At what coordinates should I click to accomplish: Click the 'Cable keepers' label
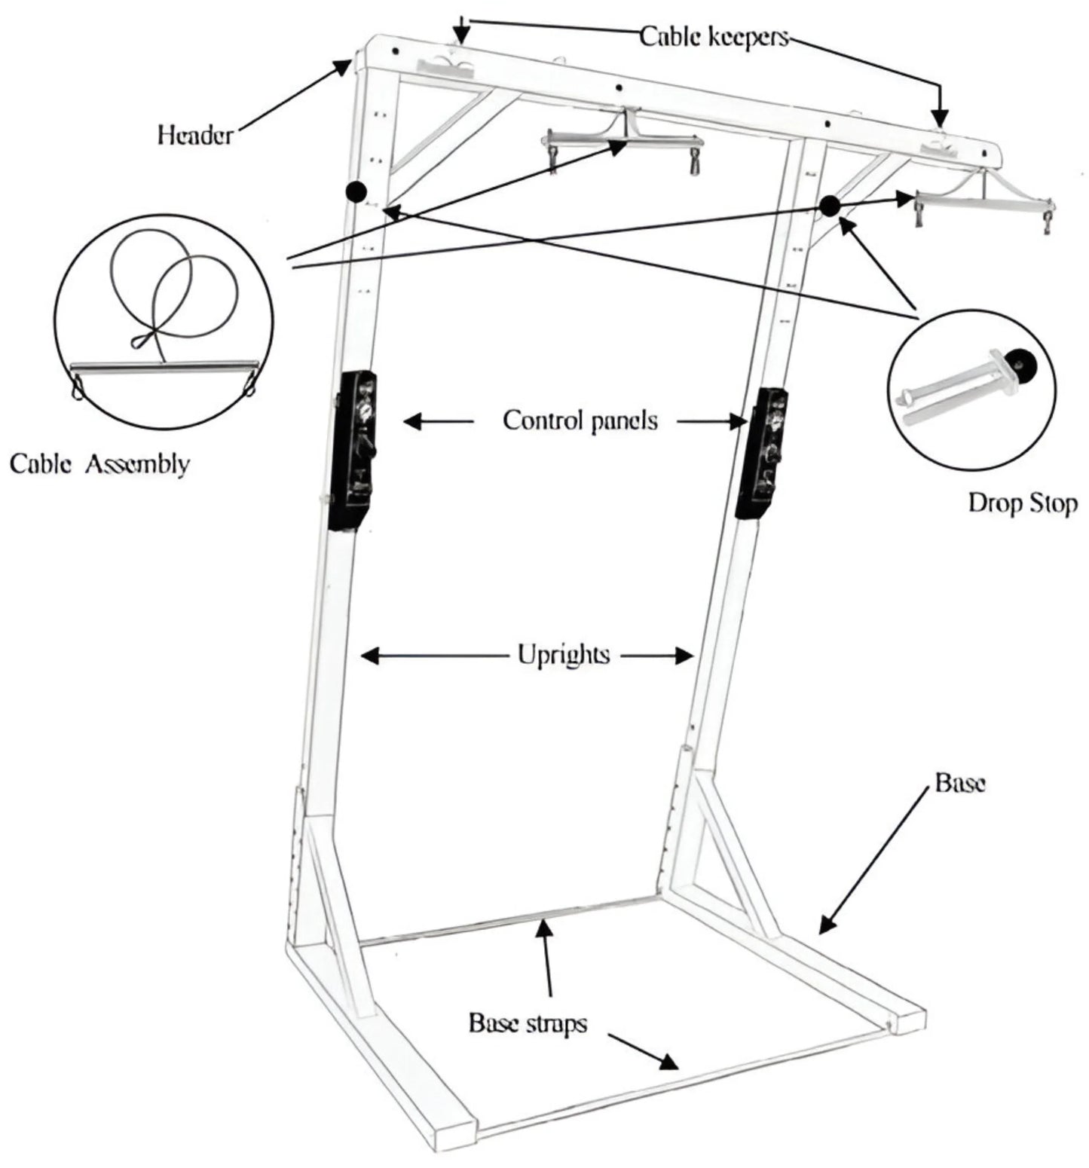[x=713, y=36]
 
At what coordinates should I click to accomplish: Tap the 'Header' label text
[x=195, y=135]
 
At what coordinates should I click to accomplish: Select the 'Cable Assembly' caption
[x=99, y=463]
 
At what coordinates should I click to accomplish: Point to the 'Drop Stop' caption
[x=1022, y=503]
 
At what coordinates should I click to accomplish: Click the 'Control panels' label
[x=580, y=420]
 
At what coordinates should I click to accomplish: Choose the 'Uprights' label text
[x=563, y=654]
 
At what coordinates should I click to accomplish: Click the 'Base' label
[x=959, y=783]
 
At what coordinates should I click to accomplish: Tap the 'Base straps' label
[x=528, y=1023]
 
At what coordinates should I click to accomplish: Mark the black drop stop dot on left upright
[x=356, y=191]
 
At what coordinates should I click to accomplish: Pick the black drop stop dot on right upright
[x=830, y=206]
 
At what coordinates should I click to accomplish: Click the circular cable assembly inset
[x=164, y=322]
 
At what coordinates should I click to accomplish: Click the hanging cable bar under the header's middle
[x=625, y=140]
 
